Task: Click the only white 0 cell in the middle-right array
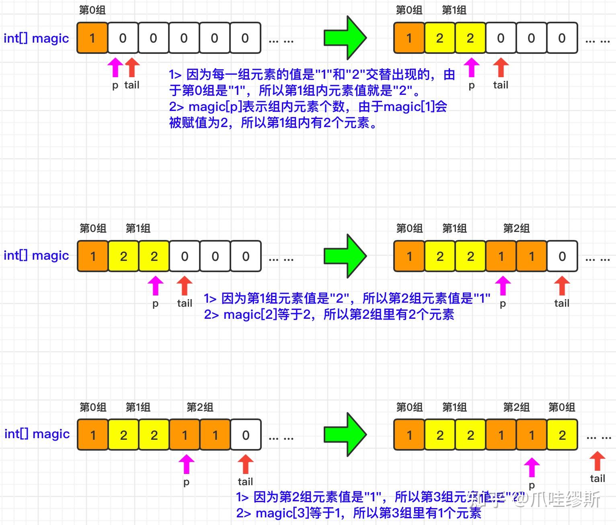[x=562, y=256]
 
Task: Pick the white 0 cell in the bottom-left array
[x=246, y=435]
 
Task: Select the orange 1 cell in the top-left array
[x=92, y=38]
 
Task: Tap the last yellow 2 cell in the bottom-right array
[x=562, y=435]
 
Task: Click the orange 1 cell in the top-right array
[x=409, y=38]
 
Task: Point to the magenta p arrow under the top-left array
[x=115, y=68]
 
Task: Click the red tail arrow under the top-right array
[x=501, y=68]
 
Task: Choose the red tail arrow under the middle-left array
[x=185, y=286]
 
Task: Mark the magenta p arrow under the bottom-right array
[x=532, y=468]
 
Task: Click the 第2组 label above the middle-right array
[x=516, y=229]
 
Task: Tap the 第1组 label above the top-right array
[x=454, y=10]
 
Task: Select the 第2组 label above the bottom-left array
[x=200, y=407]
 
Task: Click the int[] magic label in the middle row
[x=36, y=256]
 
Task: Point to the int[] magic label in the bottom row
[x=37, y=434]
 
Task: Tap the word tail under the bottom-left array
[x=245, y=482]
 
